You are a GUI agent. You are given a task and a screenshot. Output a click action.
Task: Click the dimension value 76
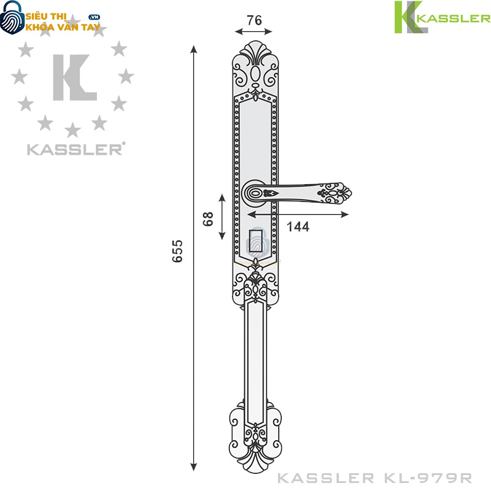click(x=254, y=20)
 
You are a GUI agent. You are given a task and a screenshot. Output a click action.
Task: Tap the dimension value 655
click(x=177, y=251)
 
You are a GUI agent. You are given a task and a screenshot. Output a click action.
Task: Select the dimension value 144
click(x=298, y=226)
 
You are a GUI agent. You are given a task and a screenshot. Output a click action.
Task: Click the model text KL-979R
click(x=438, y=477)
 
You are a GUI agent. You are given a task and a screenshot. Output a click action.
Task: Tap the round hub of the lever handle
click(x=254, y=193)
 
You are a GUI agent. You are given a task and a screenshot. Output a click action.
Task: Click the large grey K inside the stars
click(x=73, y=78)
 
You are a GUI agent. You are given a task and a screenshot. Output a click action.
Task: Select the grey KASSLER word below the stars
click(x=74, y=149)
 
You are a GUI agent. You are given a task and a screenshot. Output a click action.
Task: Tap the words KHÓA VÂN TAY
click(x=62, y=27)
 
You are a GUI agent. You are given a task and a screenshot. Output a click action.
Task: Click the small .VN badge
click(x=95, y=17)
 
